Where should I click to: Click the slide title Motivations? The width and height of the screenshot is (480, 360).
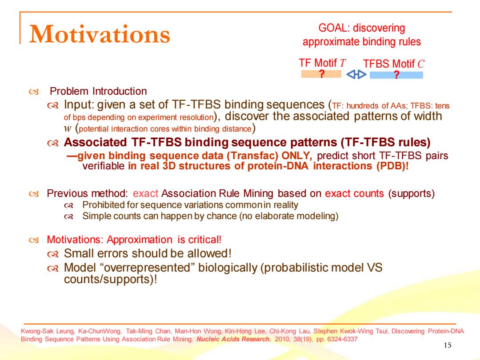coord(100,34)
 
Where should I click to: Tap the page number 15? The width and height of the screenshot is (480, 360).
coord(447,345)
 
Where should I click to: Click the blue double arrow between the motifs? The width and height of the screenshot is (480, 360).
coord(356,74)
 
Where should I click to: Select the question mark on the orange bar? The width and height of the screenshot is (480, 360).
coord(321,74)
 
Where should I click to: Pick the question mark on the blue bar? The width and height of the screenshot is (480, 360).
coord(396,75)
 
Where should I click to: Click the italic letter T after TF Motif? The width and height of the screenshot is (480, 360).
coord(343,63)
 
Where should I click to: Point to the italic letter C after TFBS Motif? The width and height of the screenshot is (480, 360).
coord(421,64)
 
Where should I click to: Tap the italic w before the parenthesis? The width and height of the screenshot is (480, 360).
coord(68,128)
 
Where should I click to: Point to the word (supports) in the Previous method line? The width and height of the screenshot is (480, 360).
coord(412,193)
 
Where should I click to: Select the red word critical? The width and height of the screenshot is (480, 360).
coord(205,240)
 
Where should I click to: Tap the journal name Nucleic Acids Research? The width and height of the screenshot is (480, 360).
coord(234,339)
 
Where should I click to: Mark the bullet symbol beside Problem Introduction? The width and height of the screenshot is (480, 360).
coord(34,92)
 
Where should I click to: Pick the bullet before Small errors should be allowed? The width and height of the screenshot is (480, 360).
coord(53,254)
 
